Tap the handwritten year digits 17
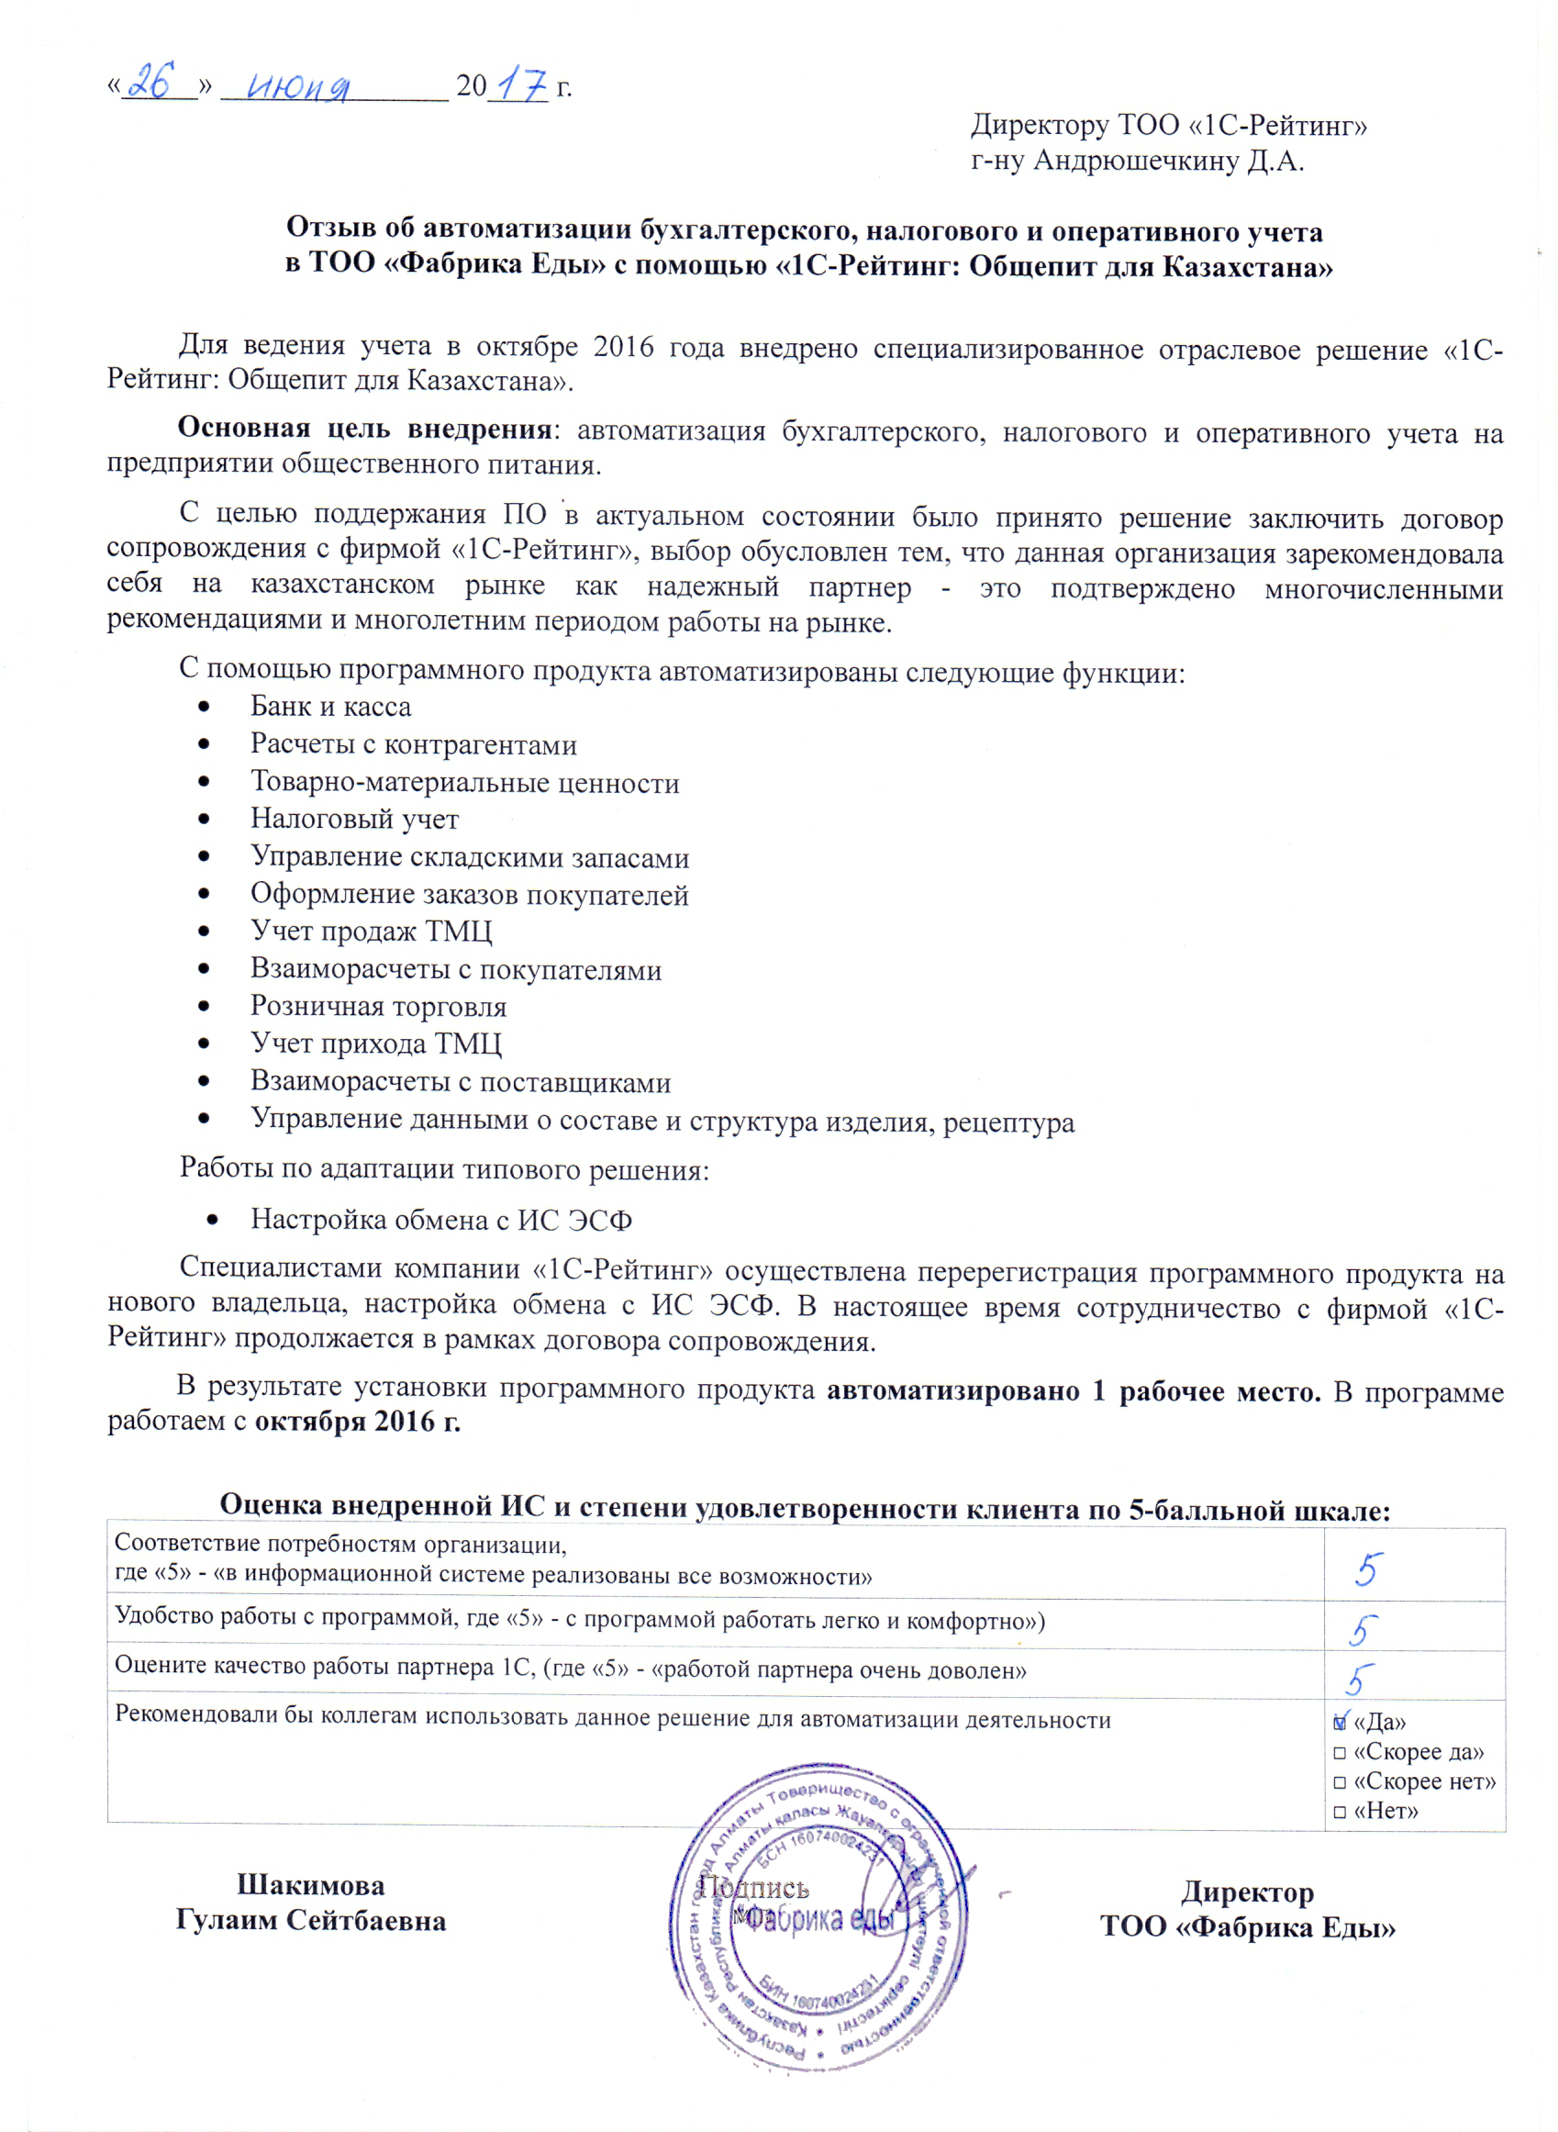tap(518, 86)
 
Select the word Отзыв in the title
tap(329, 228)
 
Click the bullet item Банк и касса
tap(330, 707)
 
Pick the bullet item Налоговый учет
tap(353, 819)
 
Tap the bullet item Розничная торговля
tap(378, 1007)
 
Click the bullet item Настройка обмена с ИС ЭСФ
tap(440, 1220)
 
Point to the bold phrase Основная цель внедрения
tap(365, 430)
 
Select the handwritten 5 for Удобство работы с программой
tap(1363, 1631)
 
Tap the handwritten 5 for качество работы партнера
tap(1359, 1680)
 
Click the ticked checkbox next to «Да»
tap(1341, 1723)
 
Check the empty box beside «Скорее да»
tap(1341, 1753)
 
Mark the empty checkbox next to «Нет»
tap(1341, 1813)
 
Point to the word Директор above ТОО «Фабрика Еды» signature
tap(1247, 1892)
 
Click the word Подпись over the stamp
tap(753, 1888)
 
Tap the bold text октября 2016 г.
tap(358, 1422)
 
